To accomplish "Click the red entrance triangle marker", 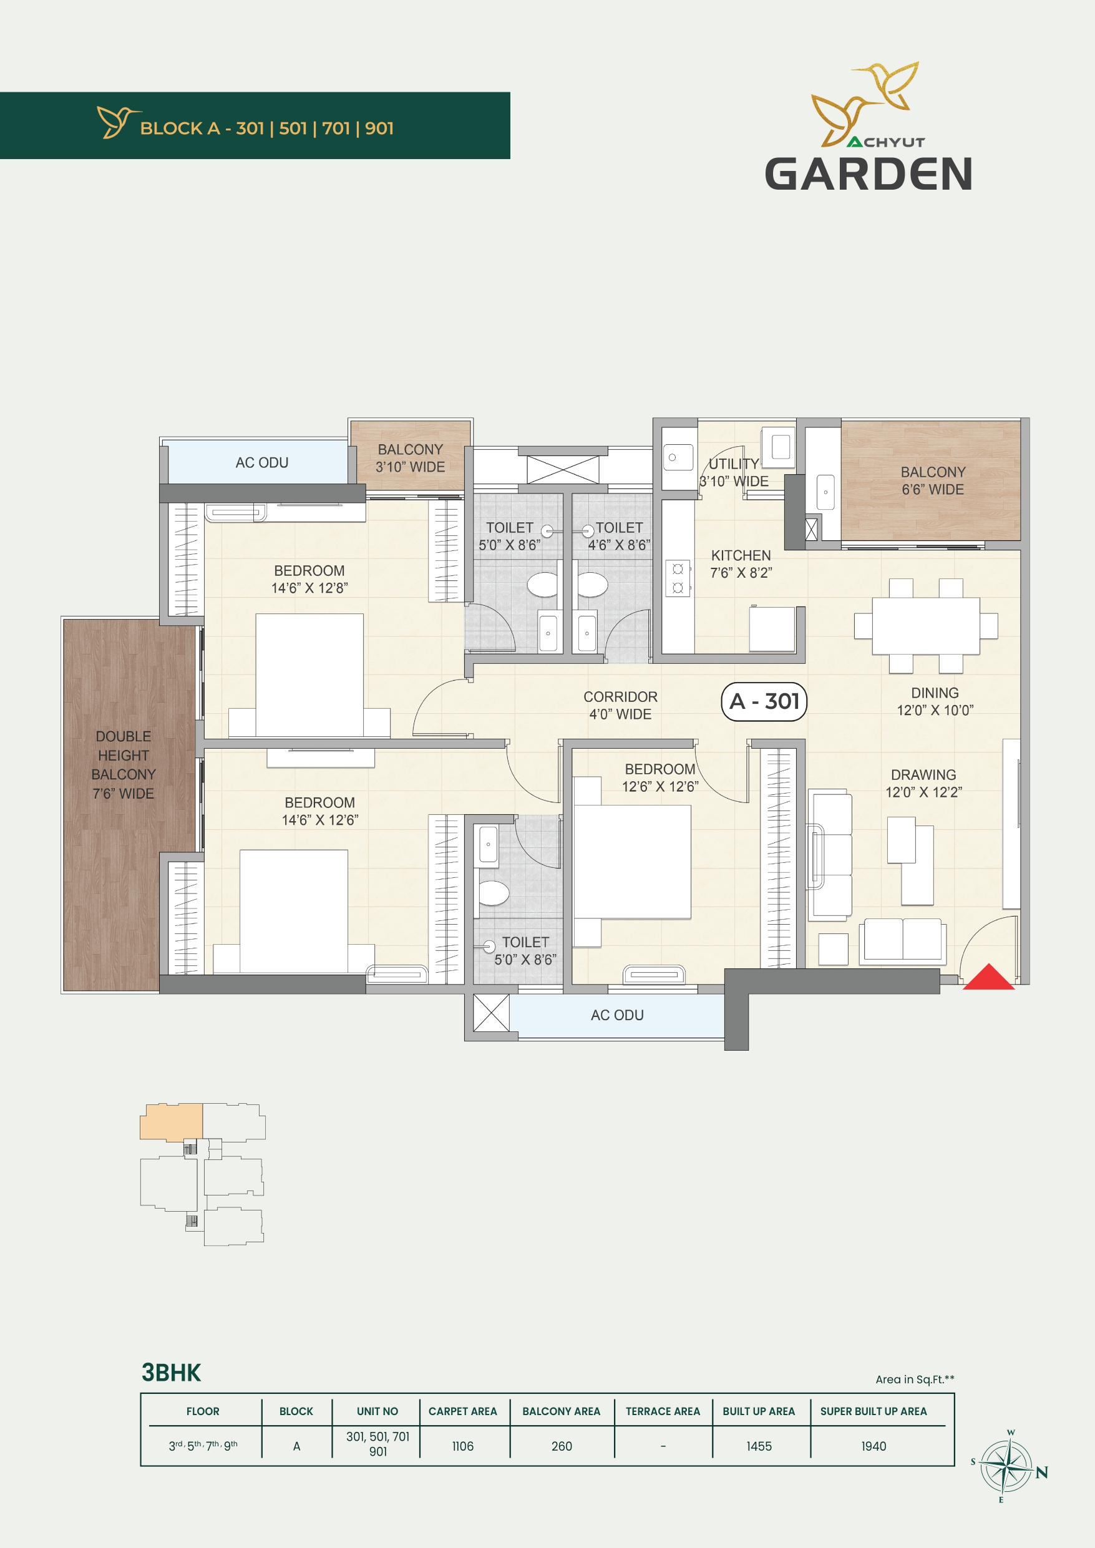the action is pyautogui.click(x=988, y=978).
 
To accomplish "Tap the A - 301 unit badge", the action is pyautogui.click(x=764, y=702).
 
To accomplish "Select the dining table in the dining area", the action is pyautogui.click(x=926, y=626).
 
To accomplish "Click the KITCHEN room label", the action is pyautogui.click(x=741, y=555).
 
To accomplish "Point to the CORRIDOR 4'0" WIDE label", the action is pyautogui.click(x=620, y=705).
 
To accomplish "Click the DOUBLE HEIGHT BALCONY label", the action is pyautogui.click(x=124, y=764).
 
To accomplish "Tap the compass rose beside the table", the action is pyautogui.click(x=1005, y=1466).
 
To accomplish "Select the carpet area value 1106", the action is pyautogui.click(x=462, y=1446).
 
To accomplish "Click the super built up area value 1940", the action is pyautogui.click(x=873, y=1446).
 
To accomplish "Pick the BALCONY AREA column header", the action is pyautogui.click(x=561, y=1411).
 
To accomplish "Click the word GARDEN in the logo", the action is pyautogui.click(x=869, y=174).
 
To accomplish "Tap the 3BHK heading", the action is pyautogui.click(x=171, y=1373).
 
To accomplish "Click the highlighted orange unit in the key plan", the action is pyautogui.click(x=171, y=1122).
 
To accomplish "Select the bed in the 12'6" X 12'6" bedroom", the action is pyautogui.click(x=632, y=862).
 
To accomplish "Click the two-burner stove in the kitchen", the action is pyautogui.click(x=678, y=578).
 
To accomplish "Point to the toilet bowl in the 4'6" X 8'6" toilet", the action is pyautogui.click(x=592, y=585).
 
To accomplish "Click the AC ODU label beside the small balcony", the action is pyautogui.click(x=261, y=462).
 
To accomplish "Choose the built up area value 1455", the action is pyautogui.click(x=759, y=1446).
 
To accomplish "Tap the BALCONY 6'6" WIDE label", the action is pyautogui.click(x=933, y=480).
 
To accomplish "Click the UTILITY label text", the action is pyautogui.click(x=734, y=464).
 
